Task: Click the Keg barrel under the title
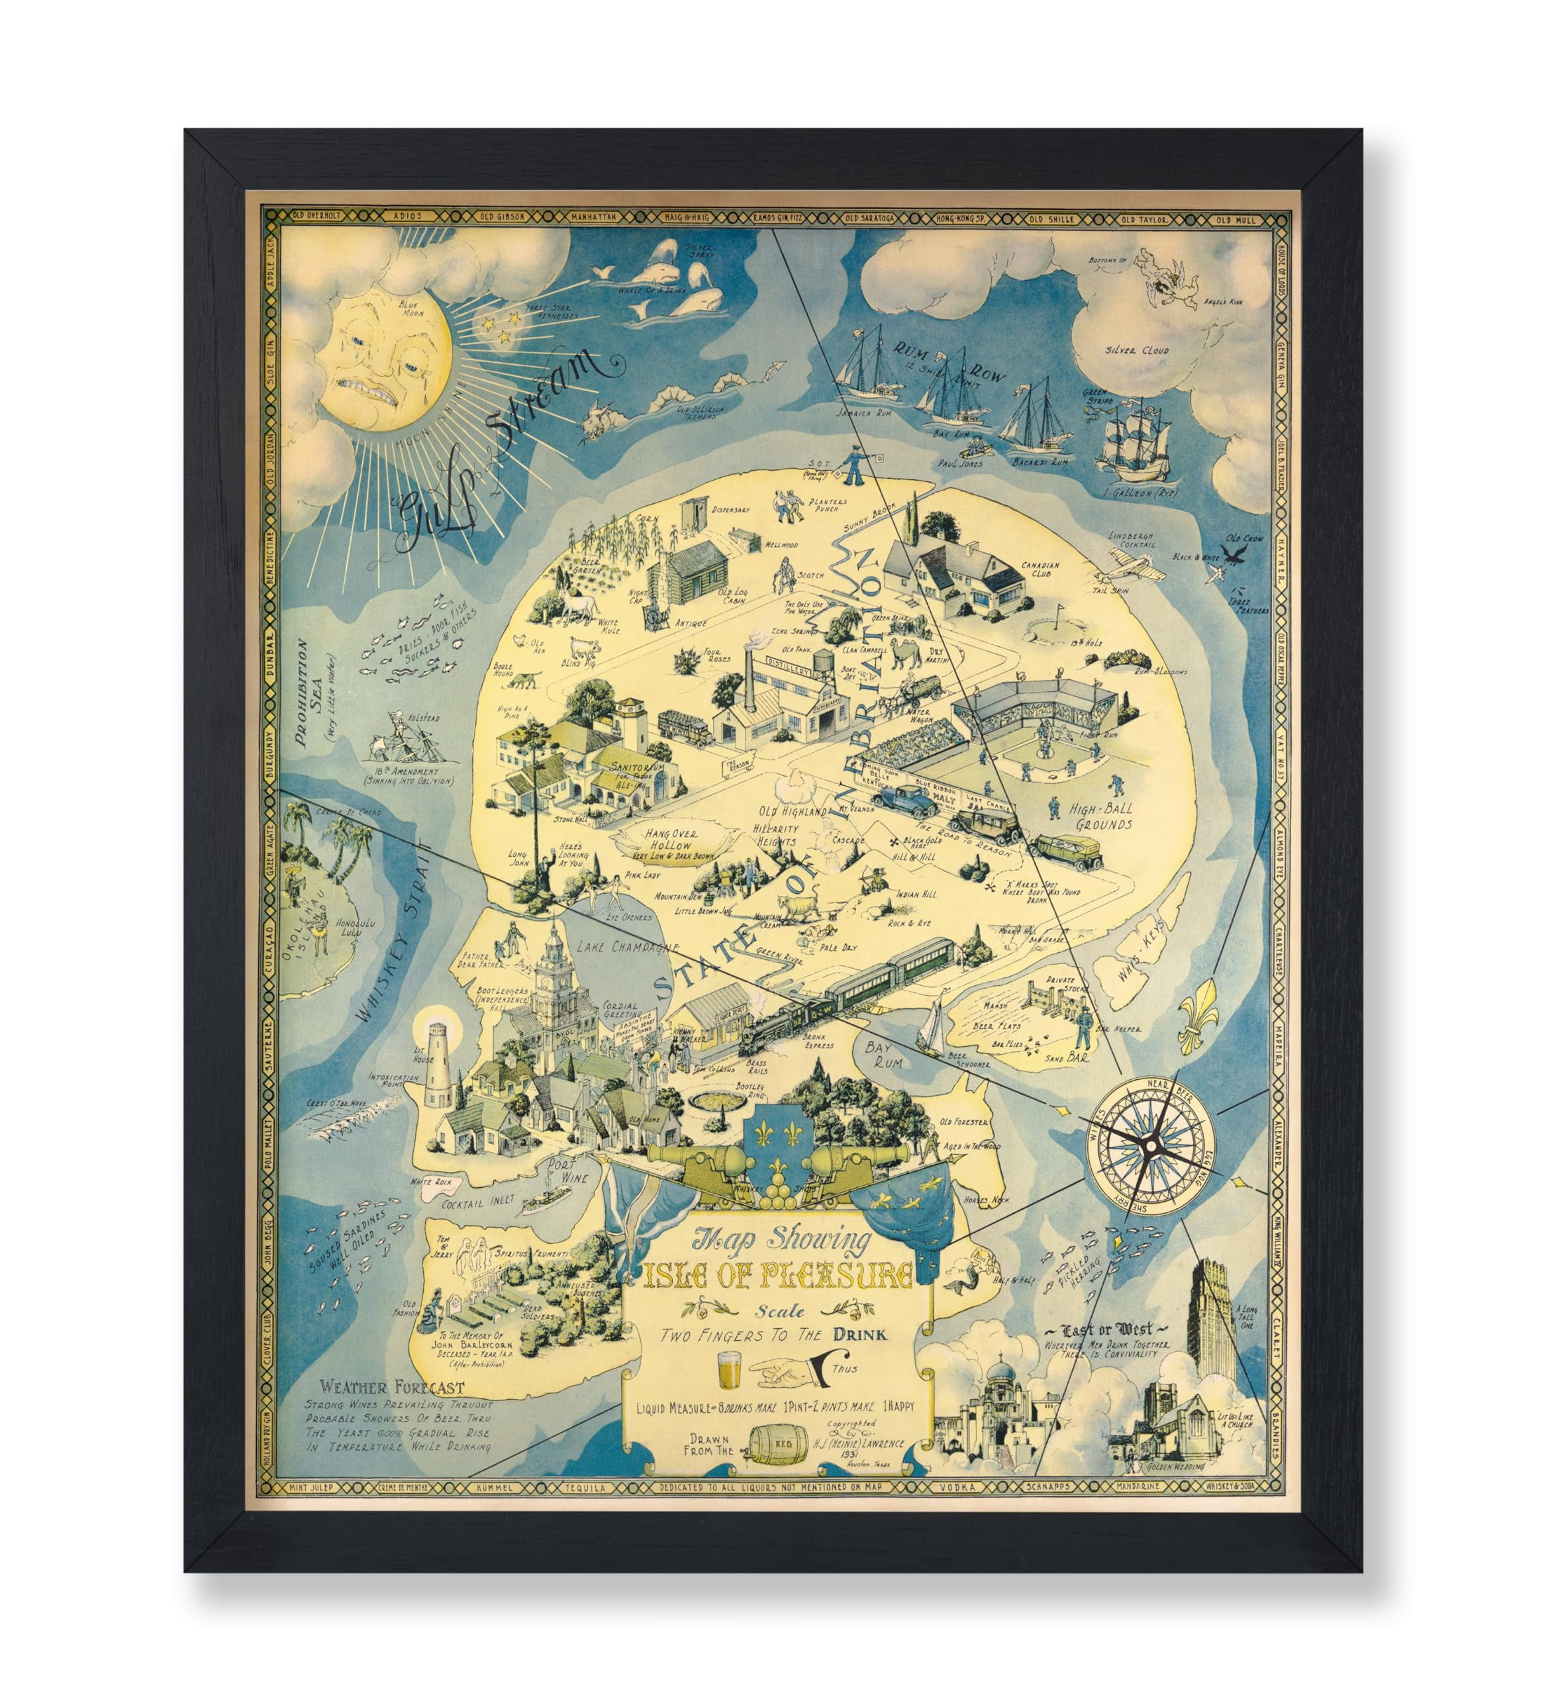[779, 1447]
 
